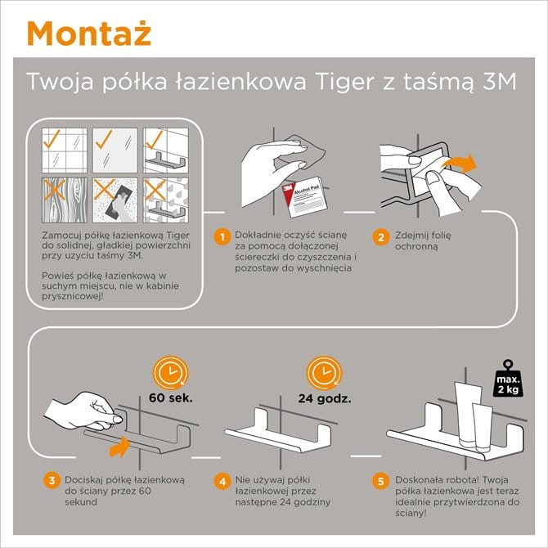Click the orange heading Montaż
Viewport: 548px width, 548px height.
pyautogui.click(x=89, y=34)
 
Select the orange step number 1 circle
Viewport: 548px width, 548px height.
pyautogui.click(x=222, y=237)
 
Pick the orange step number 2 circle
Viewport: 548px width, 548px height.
pyautogui.click(x=381, y=237)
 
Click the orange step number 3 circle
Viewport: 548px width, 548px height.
pyautogui.click(x=52, y=480)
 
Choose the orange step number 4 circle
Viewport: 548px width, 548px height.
pyautogui.click(x=222, y=481)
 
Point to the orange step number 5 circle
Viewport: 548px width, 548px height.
pyautogui.click(x=381, y=481)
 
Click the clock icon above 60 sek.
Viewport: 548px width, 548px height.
pyautogui.click(x=170, y=372)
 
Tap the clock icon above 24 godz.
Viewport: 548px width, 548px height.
pyautogui.click(x=324, y=372)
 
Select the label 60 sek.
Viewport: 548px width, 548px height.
pyautogui.click(x=171, y=398)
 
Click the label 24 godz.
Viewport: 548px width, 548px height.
pyautogui.click(x=325, y=398)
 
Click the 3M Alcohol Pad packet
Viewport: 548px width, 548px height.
pyautogui.click(x=305, y=196)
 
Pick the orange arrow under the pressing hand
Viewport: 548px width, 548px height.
pyautogui.click(x=119, y=447)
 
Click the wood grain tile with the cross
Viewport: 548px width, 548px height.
pyautogui.click(x=65, y=200)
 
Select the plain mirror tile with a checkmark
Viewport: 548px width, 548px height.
pyautogui.click(x=115, y=150)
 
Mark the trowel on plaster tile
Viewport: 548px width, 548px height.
pyautogui.click(x=115, y=200)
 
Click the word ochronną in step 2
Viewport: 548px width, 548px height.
pyautogui.click(x=416, y=247)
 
